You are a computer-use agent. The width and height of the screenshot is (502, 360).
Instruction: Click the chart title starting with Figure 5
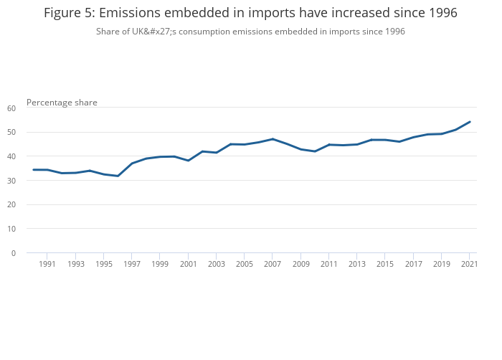point(250,13)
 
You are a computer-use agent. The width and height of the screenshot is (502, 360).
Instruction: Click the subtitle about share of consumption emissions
point(250,32)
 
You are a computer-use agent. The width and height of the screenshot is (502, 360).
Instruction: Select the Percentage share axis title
point(62,103)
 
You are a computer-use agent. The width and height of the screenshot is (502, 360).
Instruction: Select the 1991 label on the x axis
point(47,265)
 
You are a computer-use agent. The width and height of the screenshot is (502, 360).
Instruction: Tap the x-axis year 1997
point(132,265)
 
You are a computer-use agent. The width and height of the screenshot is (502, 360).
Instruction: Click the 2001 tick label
point(188,265)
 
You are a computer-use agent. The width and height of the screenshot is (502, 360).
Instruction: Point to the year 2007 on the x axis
point(273,265)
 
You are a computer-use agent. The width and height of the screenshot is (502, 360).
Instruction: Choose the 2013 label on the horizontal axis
point(357,265)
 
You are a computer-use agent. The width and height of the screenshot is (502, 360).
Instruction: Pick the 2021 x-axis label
point(469,265)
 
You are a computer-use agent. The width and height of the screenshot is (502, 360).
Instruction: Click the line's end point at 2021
point(469,122)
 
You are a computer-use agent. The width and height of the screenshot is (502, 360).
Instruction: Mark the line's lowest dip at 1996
point(118,176)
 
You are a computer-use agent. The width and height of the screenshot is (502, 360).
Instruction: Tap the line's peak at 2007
point(273,139)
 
